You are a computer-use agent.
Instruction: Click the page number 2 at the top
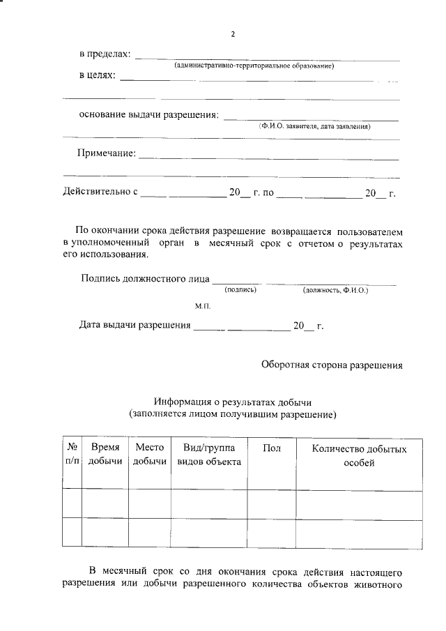[x=233, y=33]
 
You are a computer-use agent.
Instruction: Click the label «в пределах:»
[x=104, y=54]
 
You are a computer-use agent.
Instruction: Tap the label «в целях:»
[x=97, y=75]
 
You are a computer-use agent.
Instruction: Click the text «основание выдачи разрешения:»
[x=148, y=115]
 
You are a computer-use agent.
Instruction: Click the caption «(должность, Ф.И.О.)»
[x=335, y=289]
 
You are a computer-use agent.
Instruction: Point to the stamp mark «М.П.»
[x=202, y=306]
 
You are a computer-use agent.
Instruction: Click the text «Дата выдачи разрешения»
[x=134, y=325]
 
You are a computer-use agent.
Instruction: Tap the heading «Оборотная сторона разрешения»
[x=332, y=363]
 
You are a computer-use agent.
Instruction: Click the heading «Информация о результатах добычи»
[x=233, y=402]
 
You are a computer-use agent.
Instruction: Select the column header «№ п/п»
[x=72, y=455]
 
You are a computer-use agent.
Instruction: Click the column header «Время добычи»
[x=105, y=455]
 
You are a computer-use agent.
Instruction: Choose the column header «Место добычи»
[x=149, y=455]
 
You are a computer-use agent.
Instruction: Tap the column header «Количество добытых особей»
[x=359, y=455]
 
